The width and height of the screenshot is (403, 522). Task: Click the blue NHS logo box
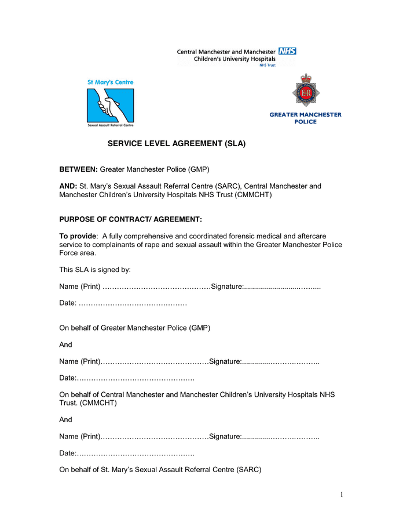[287, 52]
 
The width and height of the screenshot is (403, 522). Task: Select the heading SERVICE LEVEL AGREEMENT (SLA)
[177, 143]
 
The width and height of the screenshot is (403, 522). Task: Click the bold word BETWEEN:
[78, 169]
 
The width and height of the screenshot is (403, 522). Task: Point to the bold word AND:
[68, 186]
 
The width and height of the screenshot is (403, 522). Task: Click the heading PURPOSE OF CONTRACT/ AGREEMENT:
[130, 219]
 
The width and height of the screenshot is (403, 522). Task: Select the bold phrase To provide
[78, 236]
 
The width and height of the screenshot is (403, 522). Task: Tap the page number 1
[342, 495]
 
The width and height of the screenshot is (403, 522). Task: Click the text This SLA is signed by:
[95, 270]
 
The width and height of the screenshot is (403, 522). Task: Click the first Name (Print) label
[80, 287]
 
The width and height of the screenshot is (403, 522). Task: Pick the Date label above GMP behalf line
[68, 303]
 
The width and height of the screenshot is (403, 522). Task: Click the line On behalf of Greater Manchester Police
[134, 328]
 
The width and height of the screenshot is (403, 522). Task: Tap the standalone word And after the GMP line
[66, 345]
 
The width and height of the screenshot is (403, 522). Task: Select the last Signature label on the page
[225, 436]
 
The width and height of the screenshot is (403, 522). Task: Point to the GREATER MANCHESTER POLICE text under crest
[305, 118]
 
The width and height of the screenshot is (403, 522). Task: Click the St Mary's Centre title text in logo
[110, 82]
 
